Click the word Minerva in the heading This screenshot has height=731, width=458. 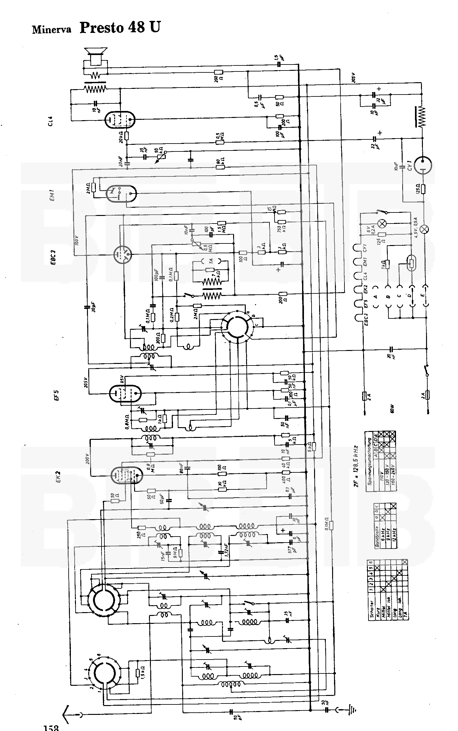coord(52,29)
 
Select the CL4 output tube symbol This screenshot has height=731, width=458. coord(120,120)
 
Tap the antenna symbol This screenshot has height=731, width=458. coord(67,712)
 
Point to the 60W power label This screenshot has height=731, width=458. coord(392,411)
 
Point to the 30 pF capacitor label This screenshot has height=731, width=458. coord(94,306)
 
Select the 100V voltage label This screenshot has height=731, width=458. coord(77,242)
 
